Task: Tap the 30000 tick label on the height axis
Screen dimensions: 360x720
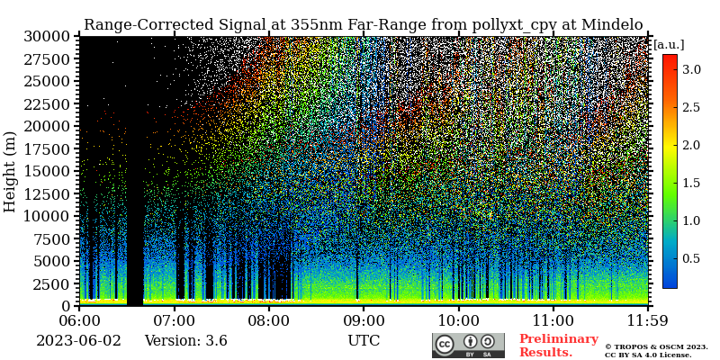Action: tap(47, 36)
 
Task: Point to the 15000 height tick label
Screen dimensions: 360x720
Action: tap(47, 171)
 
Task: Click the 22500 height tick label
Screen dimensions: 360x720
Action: tap(47, 103)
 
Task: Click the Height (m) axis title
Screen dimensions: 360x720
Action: tap(11, 171)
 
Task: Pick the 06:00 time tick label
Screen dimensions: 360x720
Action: tap(79, 320)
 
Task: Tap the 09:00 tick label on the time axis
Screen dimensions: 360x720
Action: tap(364, 320)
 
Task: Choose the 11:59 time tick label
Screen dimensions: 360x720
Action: tap(647, 320)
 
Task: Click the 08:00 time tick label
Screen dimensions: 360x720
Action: tap(268, 320)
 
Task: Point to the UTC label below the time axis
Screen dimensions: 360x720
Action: tap(364, 341)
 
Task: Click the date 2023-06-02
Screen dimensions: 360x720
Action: tap(77, 341)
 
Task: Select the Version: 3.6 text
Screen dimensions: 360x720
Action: tap(185, 341)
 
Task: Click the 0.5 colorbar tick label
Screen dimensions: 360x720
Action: tap(691, 258)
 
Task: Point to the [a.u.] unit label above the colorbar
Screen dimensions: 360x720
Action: tap(669, 44)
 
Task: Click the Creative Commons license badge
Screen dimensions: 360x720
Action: tap(468, 346)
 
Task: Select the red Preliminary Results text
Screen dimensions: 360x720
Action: tap(558, 346)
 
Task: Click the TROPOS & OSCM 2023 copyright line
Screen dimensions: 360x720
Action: tap(656, 346)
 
